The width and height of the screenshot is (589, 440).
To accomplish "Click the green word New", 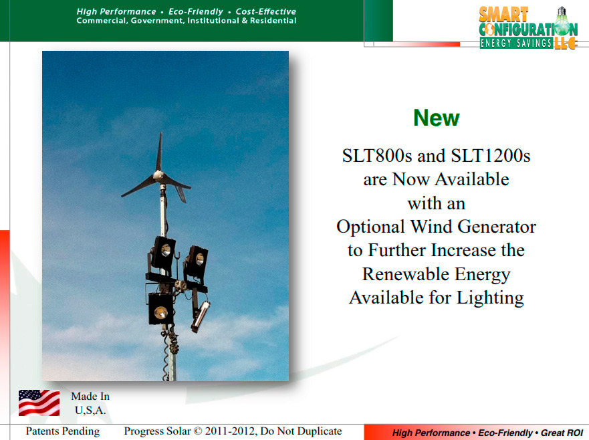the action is (436, 118).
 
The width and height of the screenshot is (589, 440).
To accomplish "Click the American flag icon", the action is (39, 403).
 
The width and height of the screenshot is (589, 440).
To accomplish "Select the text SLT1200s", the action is (490, 156).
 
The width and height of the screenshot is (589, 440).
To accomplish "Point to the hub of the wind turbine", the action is (159, 175).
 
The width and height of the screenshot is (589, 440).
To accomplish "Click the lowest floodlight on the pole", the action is (160, 309).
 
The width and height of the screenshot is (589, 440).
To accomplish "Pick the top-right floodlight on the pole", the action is (197, 262).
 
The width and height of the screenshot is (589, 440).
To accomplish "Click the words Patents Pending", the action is (63, 431).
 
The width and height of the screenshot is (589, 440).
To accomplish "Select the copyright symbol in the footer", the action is (199, 431).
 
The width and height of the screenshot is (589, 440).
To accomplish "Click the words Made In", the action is (90, 397).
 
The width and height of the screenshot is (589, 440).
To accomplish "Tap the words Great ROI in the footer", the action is (562, 433).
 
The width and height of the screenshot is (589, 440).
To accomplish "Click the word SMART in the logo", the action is (503, 15).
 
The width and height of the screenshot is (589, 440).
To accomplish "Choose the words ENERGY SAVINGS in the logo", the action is (516, 43).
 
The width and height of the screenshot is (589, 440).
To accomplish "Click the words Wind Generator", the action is (473, 227).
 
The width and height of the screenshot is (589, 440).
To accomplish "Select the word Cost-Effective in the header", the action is (266, 11).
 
